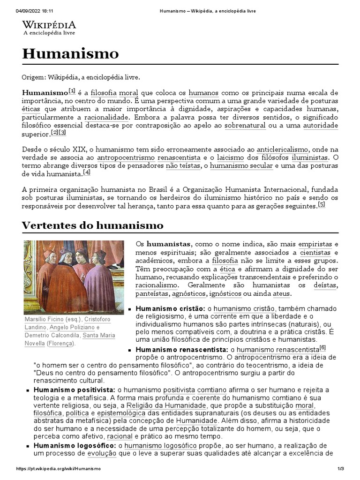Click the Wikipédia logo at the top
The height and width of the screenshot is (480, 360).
(x=49, y=28)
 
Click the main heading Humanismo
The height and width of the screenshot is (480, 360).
(x=70, y=54)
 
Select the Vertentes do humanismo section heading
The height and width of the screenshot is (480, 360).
(x=92, y=225)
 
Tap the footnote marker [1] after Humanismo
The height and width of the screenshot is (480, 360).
(x=72, y=90)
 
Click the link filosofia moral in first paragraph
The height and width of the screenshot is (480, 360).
(x=108, y=92)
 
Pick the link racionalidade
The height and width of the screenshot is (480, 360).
(x=106, y=117)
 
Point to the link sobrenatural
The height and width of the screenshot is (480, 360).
(x=245, y=126)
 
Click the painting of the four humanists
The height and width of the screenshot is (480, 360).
(x=74, y=277)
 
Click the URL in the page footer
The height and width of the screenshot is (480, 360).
(x=58, y=469)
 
